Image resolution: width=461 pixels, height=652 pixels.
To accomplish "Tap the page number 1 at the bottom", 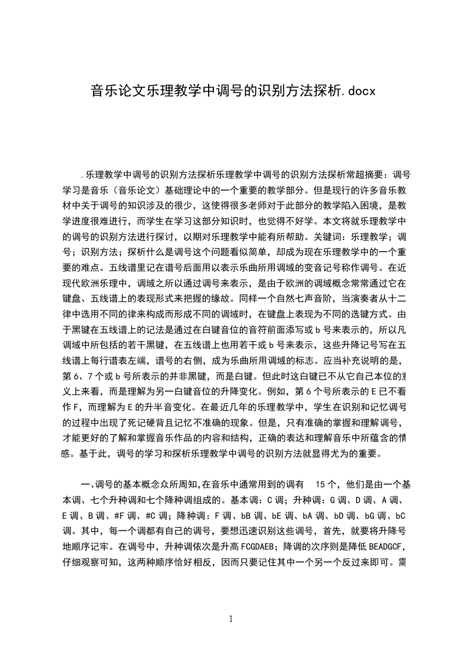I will coord(231,618).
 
